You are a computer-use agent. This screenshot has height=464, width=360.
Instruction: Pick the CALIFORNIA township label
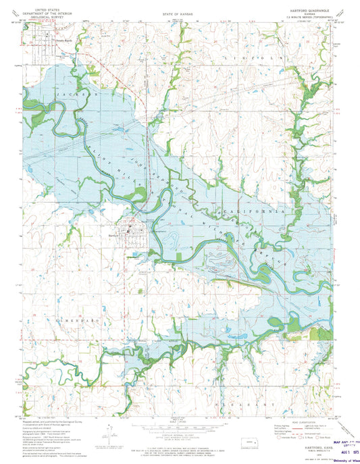tap(257, 211)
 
